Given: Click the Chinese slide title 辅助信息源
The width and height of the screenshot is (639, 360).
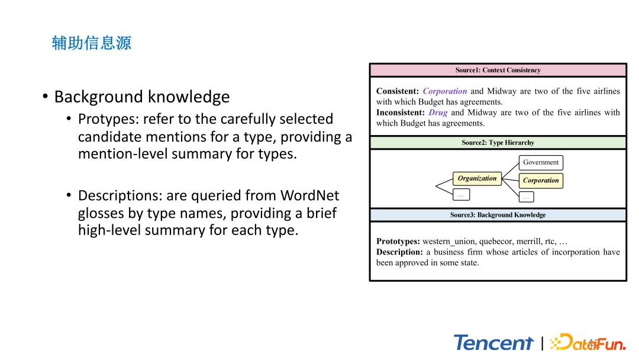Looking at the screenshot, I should (x=92, y=43).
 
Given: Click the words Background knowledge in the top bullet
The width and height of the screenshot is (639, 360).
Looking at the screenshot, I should (x=141, y=97).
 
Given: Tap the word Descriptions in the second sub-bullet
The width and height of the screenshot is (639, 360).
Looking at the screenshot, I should (x=121, y=195).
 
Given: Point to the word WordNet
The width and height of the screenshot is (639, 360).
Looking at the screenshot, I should (x=309, y=195).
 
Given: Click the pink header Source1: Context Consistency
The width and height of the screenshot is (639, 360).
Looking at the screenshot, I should (x=498, y=70).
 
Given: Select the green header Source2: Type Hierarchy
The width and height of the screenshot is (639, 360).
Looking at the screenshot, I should (x=498, y=143).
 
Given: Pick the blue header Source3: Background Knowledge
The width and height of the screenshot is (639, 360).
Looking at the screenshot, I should (x=498, y=215).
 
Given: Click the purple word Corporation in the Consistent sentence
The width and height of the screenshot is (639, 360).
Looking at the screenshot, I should (x=445, y=91).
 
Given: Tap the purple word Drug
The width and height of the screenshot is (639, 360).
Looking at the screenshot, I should (x=438, y=112).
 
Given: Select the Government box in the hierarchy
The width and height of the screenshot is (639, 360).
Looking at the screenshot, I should (x=541, y=162).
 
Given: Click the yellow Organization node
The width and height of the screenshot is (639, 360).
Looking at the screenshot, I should (x=477, y=178).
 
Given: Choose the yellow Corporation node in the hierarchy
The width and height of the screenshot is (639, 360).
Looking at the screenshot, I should (x=541, y=181).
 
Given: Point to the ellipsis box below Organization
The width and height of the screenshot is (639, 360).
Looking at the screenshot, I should (x=461, y=194).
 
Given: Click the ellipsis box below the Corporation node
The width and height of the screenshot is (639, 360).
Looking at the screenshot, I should (x=527, y=197).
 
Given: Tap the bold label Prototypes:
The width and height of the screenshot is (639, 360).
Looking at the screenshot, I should (x=398, y=242).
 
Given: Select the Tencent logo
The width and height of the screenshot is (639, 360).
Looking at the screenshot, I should (x=493, y=343).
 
